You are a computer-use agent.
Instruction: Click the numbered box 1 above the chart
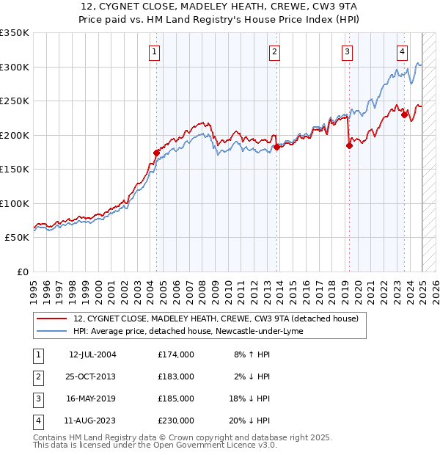pos(155,51)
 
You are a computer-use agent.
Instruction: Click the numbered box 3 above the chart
pos(347,51)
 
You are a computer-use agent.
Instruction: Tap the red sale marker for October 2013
pos(276,147)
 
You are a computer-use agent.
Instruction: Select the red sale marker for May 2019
pos(349,145)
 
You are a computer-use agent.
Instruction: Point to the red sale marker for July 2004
pos(156,153)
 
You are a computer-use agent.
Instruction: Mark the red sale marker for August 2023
pos(404,114)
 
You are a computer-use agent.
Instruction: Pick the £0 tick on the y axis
pos(22,272)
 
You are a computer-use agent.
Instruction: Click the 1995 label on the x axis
pos(33,287)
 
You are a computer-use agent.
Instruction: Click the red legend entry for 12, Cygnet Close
pos(216,318)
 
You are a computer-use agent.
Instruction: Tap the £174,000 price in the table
pos(176,354)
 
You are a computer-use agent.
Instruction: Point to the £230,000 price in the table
pos(176,421)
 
